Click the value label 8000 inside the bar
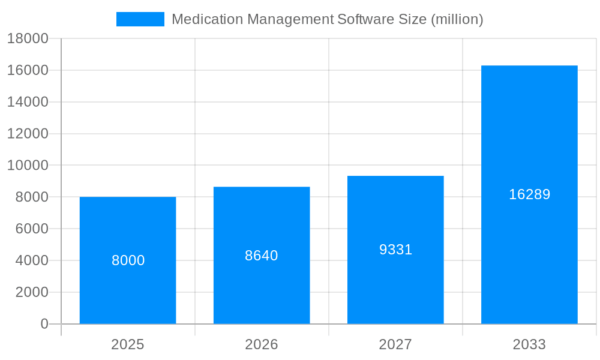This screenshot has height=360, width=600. coord(128,260)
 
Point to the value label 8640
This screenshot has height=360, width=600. coord(262,256)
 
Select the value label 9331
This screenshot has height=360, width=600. coord(395,250)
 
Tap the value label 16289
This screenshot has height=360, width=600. coord(529,194)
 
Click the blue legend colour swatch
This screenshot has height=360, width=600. coord(140,19)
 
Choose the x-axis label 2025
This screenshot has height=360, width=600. coord(128,344)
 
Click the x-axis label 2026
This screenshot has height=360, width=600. coord(262,344)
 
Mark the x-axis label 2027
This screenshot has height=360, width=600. coord(395,344)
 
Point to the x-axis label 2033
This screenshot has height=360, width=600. coord(529,344)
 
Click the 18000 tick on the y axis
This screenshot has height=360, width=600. coord(27,38)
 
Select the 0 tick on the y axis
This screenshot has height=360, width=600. coord(44,324)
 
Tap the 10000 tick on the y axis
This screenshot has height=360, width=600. coord(27,166)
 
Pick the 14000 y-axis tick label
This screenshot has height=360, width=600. coord(27,102)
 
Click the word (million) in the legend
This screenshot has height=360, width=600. coord(457,19)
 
